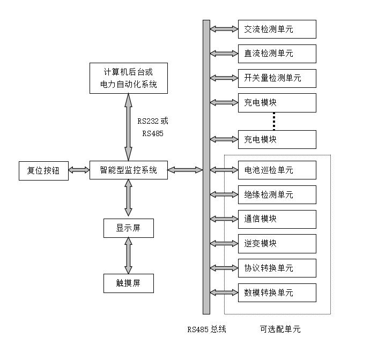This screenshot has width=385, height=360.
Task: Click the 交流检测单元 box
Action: click(277, 29)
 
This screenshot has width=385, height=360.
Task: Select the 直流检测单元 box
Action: click(277, 54)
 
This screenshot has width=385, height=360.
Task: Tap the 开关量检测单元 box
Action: click(277, 78)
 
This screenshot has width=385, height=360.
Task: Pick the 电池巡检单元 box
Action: click(277, 170)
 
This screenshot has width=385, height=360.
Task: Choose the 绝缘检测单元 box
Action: click(277, 194)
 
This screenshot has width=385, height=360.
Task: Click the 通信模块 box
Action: click(277, 219)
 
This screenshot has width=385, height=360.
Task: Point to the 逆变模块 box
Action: click(277, 243)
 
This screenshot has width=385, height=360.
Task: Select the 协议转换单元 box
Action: click(277, 268)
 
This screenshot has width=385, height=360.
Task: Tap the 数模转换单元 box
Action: click(277, 292)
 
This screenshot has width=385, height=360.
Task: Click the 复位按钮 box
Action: click(43, 170)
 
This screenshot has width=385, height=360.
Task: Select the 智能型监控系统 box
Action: click(128, 170)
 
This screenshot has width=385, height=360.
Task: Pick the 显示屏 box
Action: click(128, 228)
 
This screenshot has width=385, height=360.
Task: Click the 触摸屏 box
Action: click(128, 283)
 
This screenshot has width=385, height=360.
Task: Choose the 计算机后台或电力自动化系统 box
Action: click(128, 78)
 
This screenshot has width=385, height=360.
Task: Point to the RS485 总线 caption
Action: click(206, 329)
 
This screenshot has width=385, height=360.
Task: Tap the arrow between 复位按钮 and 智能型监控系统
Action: click(79, 170)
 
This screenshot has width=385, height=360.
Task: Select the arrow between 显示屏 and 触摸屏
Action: click(128, 256)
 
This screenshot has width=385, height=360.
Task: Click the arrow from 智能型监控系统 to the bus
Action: click(185, 170)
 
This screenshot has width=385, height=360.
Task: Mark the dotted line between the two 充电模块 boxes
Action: click(274, 121)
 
